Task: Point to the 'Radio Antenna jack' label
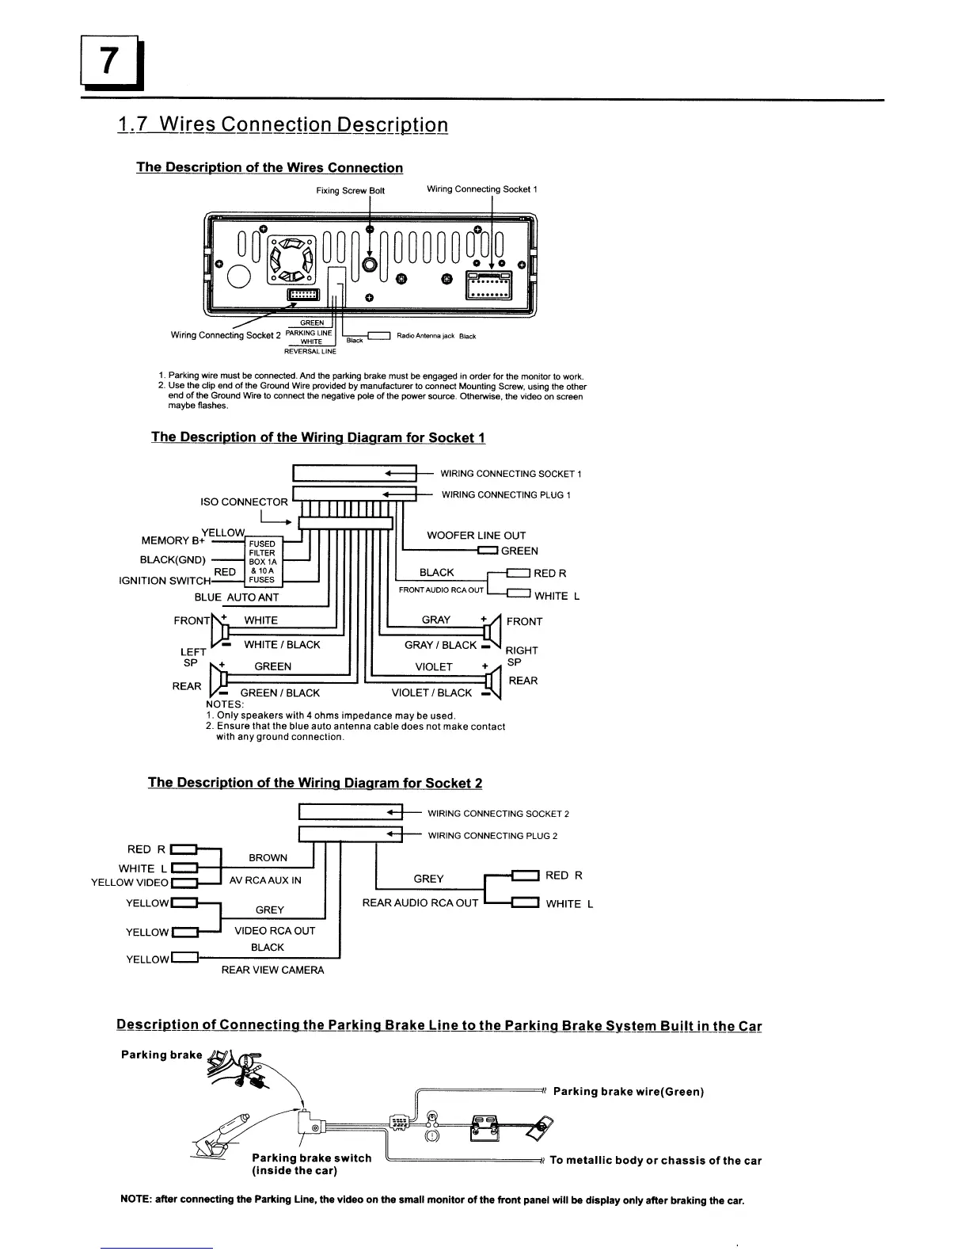[x=425, y=336]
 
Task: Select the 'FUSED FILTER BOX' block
[x=262, y=562]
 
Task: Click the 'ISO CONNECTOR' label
[x=244, y=502]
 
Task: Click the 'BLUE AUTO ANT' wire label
[x=236, y=597]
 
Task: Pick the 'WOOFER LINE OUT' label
[x=476, y=536]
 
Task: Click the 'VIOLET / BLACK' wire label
[x=431, y=692]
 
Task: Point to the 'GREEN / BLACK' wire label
[x=279, y=693]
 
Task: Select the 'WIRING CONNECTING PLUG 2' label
[x=492, y=835]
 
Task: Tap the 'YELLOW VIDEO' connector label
[x=129, y=883]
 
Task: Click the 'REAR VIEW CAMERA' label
[x=272, y=970]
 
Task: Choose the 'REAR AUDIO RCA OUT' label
[x=420, y=902]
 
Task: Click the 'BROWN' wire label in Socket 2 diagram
[x=268, y=858]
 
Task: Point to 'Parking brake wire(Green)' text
[x=628, y=1092]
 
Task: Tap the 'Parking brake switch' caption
[x=311, y=1158]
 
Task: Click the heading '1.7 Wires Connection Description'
[x=283, y=125]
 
